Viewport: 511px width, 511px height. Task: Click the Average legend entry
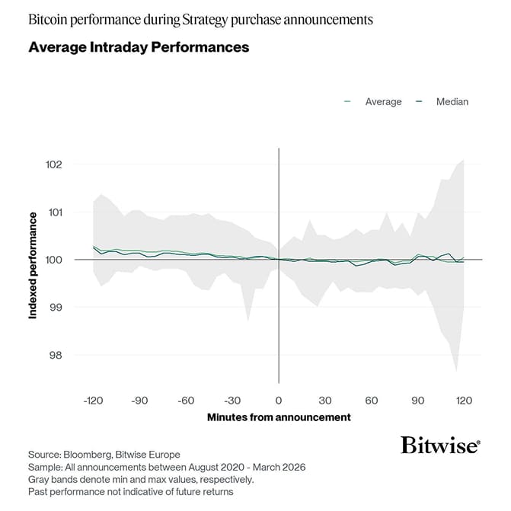(383, 101)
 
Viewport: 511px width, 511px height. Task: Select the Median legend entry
(452, 101)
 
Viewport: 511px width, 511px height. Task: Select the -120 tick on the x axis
(92, 401)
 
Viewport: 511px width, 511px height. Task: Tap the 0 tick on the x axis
(279, 401)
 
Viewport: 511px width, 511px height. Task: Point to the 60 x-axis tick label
(372, 401)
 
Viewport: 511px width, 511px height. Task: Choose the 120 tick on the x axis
(464, 401)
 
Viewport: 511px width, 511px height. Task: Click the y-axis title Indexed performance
(34, 265)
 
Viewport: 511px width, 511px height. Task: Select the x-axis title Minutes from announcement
(279, 417)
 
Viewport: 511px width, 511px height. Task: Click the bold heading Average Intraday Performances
(139, 47)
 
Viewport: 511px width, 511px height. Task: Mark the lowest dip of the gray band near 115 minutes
(456, 371)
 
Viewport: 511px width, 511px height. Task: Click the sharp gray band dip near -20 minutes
(248, 320)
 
